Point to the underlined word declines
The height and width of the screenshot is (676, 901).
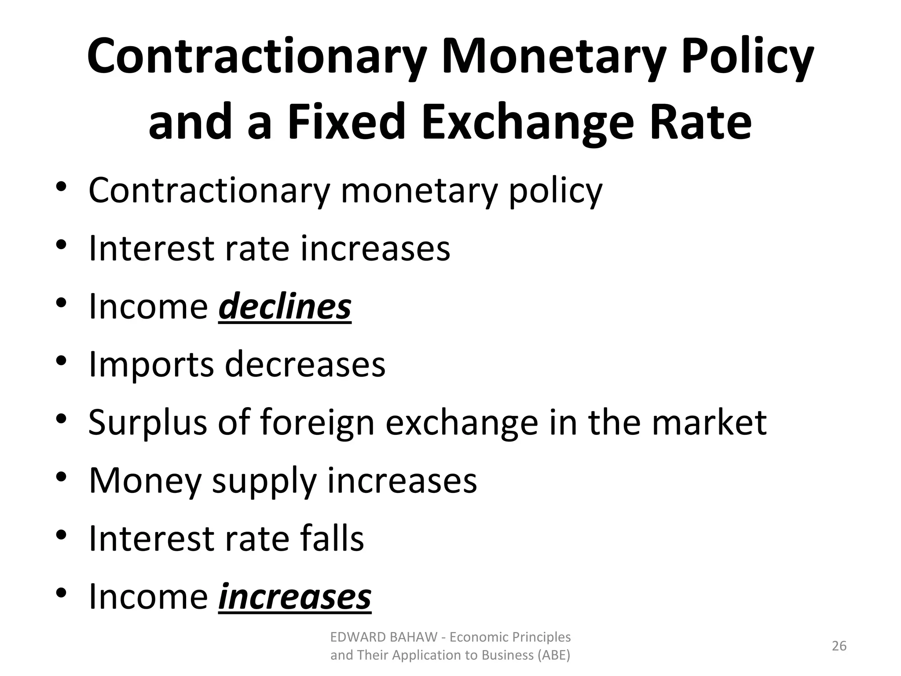[285, 306]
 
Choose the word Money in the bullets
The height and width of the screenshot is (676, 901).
[145, 481]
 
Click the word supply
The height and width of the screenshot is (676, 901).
[264, 481]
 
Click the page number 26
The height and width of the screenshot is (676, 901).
[839, 646]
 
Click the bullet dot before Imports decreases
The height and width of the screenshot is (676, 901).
[61, 361]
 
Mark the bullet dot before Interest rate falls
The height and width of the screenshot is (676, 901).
[61, 535]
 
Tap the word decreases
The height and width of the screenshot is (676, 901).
[305, 364]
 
